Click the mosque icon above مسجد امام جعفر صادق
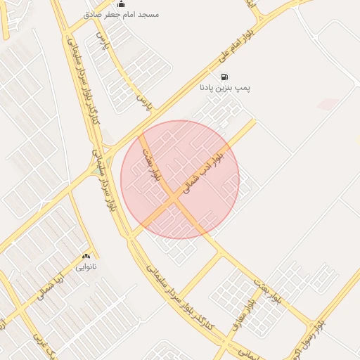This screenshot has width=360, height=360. [121, 4]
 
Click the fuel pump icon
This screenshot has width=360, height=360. [224, 77]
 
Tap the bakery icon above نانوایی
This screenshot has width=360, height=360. [86, 257]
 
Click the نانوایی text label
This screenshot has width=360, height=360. [86, 268]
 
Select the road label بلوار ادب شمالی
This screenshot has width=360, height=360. [203, 169]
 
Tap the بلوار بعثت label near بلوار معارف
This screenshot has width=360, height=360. [269, 289]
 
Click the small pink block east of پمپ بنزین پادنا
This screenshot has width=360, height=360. [328, 104]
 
